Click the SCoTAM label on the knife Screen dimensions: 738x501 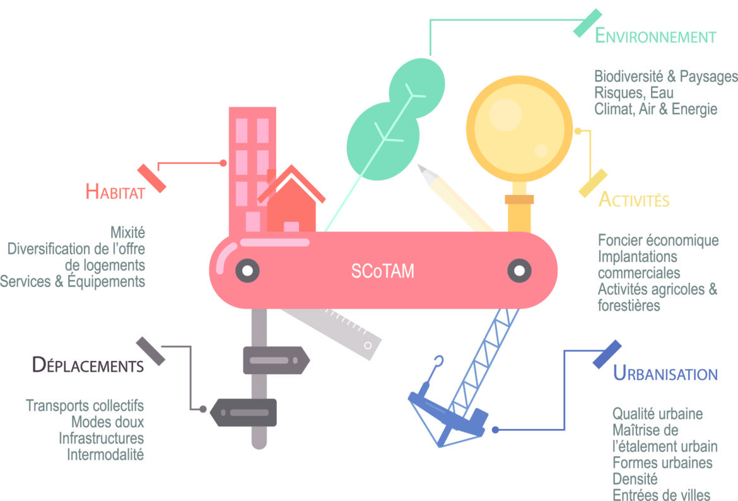[x=383, y=271]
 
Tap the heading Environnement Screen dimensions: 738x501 [x=655, y=36]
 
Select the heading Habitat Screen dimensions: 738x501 [x=115, y=192]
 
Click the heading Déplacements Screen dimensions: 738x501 [x=88, y=365]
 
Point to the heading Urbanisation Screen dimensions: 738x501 [x=665, y=374]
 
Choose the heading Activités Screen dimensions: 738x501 [x=634, y=199]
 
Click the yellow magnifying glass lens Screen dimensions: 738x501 [x=519, y=129]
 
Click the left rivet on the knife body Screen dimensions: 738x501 [x=247, y=271]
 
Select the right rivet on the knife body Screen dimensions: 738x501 [x=519, y=271]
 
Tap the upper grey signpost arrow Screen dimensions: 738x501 [x=276, y=360]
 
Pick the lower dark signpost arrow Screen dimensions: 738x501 [x=243, y=413]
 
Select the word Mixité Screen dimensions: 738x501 [x=127, y=232]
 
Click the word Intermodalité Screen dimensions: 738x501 [x=105, y=454]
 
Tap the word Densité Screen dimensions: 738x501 [x=635, y=479]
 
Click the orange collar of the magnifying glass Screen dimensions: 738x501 [x=519, y=199]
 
